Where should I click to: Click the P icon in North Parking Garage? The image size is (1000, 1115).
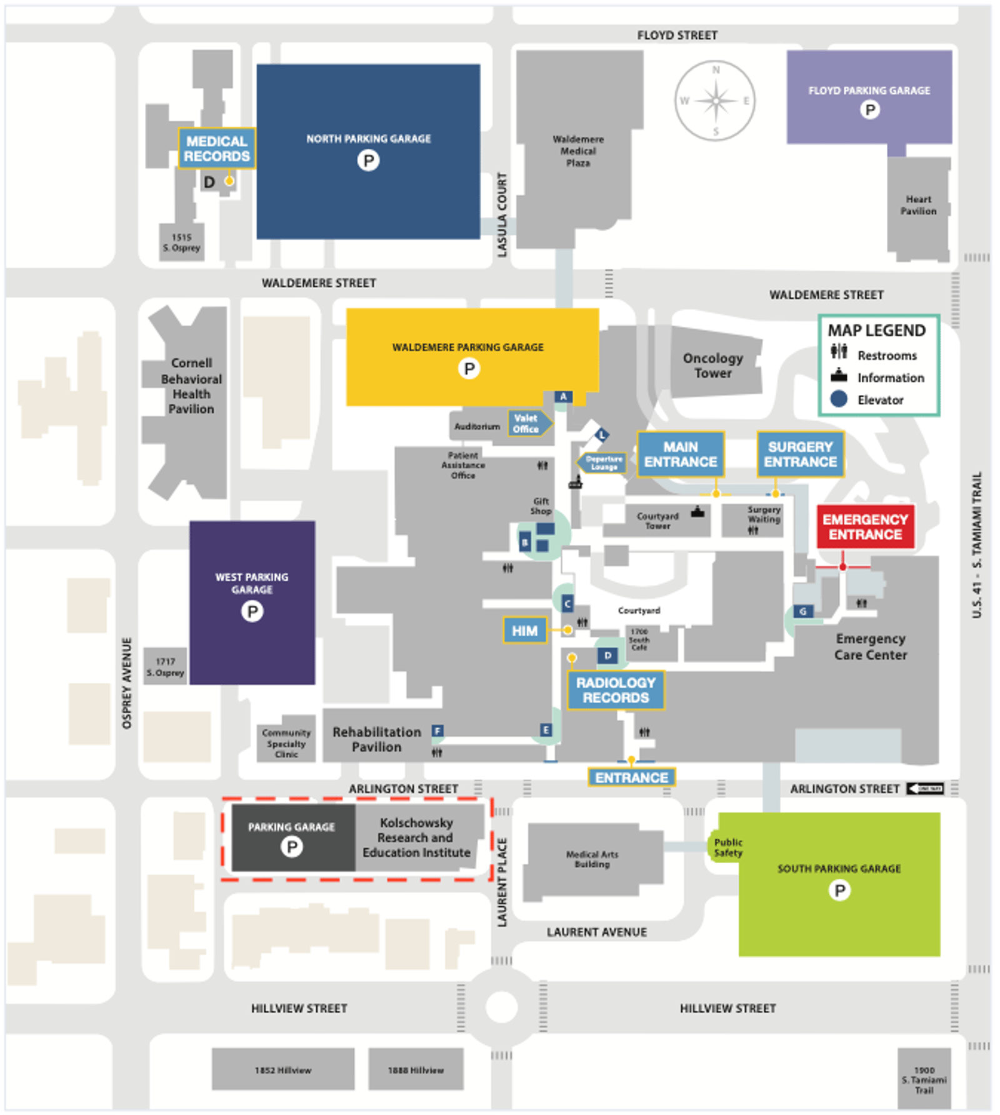coord(368,161)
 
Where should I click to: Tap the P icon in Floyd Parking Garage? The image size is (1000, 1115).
coord(869,110)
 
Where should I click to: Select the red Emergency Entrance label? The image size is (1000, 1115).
coord(865,527)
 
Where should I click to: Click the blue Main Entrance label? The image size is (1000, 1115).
coord(681,454)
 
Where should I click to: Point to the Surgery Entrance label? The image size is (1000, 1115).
coord(800,454)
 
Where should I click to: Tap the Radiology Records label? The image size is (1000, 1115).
coord(616,690)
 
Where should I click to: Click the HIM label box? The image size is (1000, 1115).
coord(524,631)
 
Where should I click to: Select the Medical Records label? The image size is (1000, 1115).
coord(216,149)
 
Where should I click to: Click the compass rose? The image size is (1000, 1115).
coord(715,101)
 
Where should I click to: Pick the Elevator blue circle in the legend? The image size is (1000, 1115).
coord(839,399)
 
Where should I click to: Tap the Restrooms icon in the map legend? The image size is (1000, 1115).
coord(839,352)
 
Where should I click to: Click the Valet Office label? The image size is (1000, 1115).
coord(527,424)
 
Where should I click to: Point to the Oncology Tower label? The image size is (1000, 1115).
coord(713,366)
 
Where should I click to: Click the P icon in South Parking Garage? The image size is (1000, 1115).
coord(839,889)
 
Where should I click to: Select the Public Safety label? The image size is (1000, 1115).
coord(728,847)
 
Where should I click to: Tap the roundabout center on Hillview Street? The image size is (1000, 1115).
coord(501,1007)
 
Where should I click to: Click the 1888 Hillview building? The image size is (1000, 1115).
coord(416,1069)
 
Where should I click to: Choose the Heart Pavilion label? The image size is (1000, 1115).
coord(918,205)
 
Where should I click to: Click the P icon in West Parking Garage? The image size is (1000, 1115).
coord(252,611)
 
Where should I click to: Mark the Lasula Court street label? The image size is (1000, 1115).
coord(502,214)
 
